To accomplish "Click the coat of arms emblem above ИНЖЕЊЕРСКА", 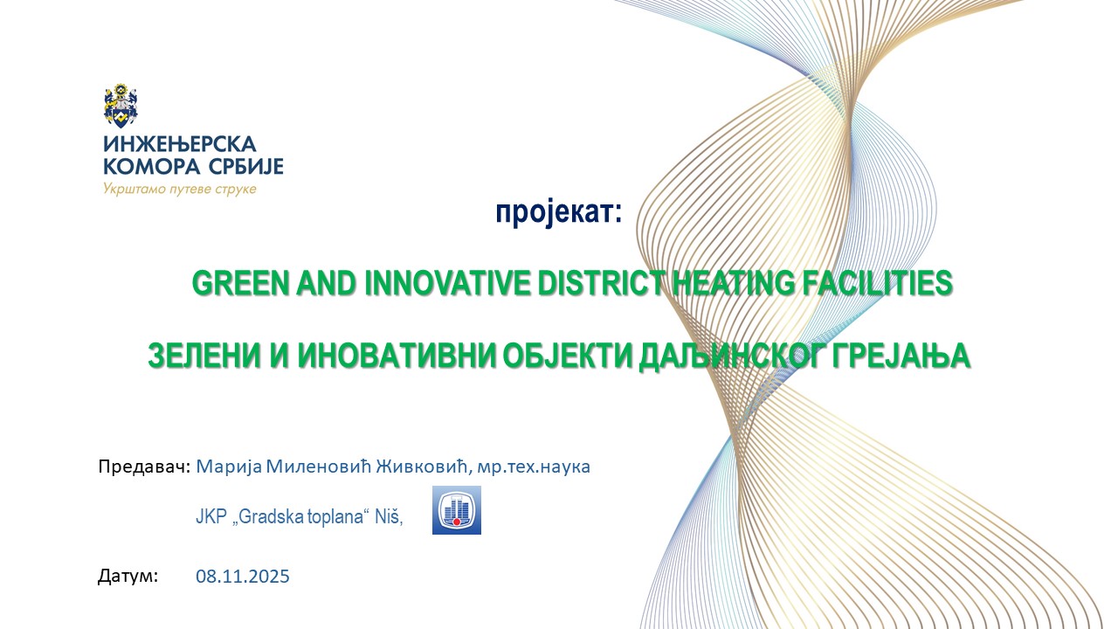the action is click(121, 106).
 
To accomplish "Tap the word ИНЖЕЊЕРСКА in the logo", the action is click(180, 144).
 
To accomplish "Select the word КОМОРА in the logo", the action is click(152, 166).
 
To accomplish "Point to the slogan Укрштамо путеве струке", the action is click(180, 190).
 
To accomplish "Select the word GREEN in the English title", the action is click(240, 283).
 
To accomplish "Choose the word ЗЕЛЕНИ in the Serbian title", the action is click(204, 356).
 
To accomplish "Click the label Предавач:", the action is click(144, 467).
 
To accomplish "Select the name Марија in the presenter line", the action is click(229, 467).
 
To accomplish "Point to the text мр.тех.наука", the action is click(534, 467).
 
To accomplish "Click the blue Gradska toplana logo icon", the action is click(457, 510).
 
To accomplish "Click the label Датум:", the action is click(128, 576).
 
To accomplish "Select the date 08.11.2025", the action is click(243, 576).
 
